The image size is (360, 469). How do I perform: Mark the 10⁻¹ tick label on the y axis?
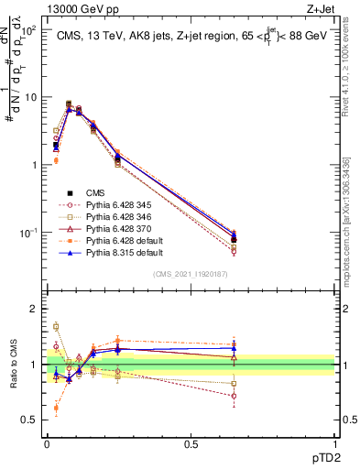coord(29,233)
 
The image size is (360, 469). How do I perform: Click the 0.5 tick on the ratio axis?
coord(33,420)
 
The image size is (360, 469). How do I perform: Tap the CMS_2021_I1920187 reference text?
coord(190,274)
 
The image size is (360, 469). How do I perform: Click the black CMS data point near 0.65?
coord(234,240)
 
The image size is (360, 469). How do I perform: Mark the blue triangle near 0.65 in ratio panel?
coord(234,348)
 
